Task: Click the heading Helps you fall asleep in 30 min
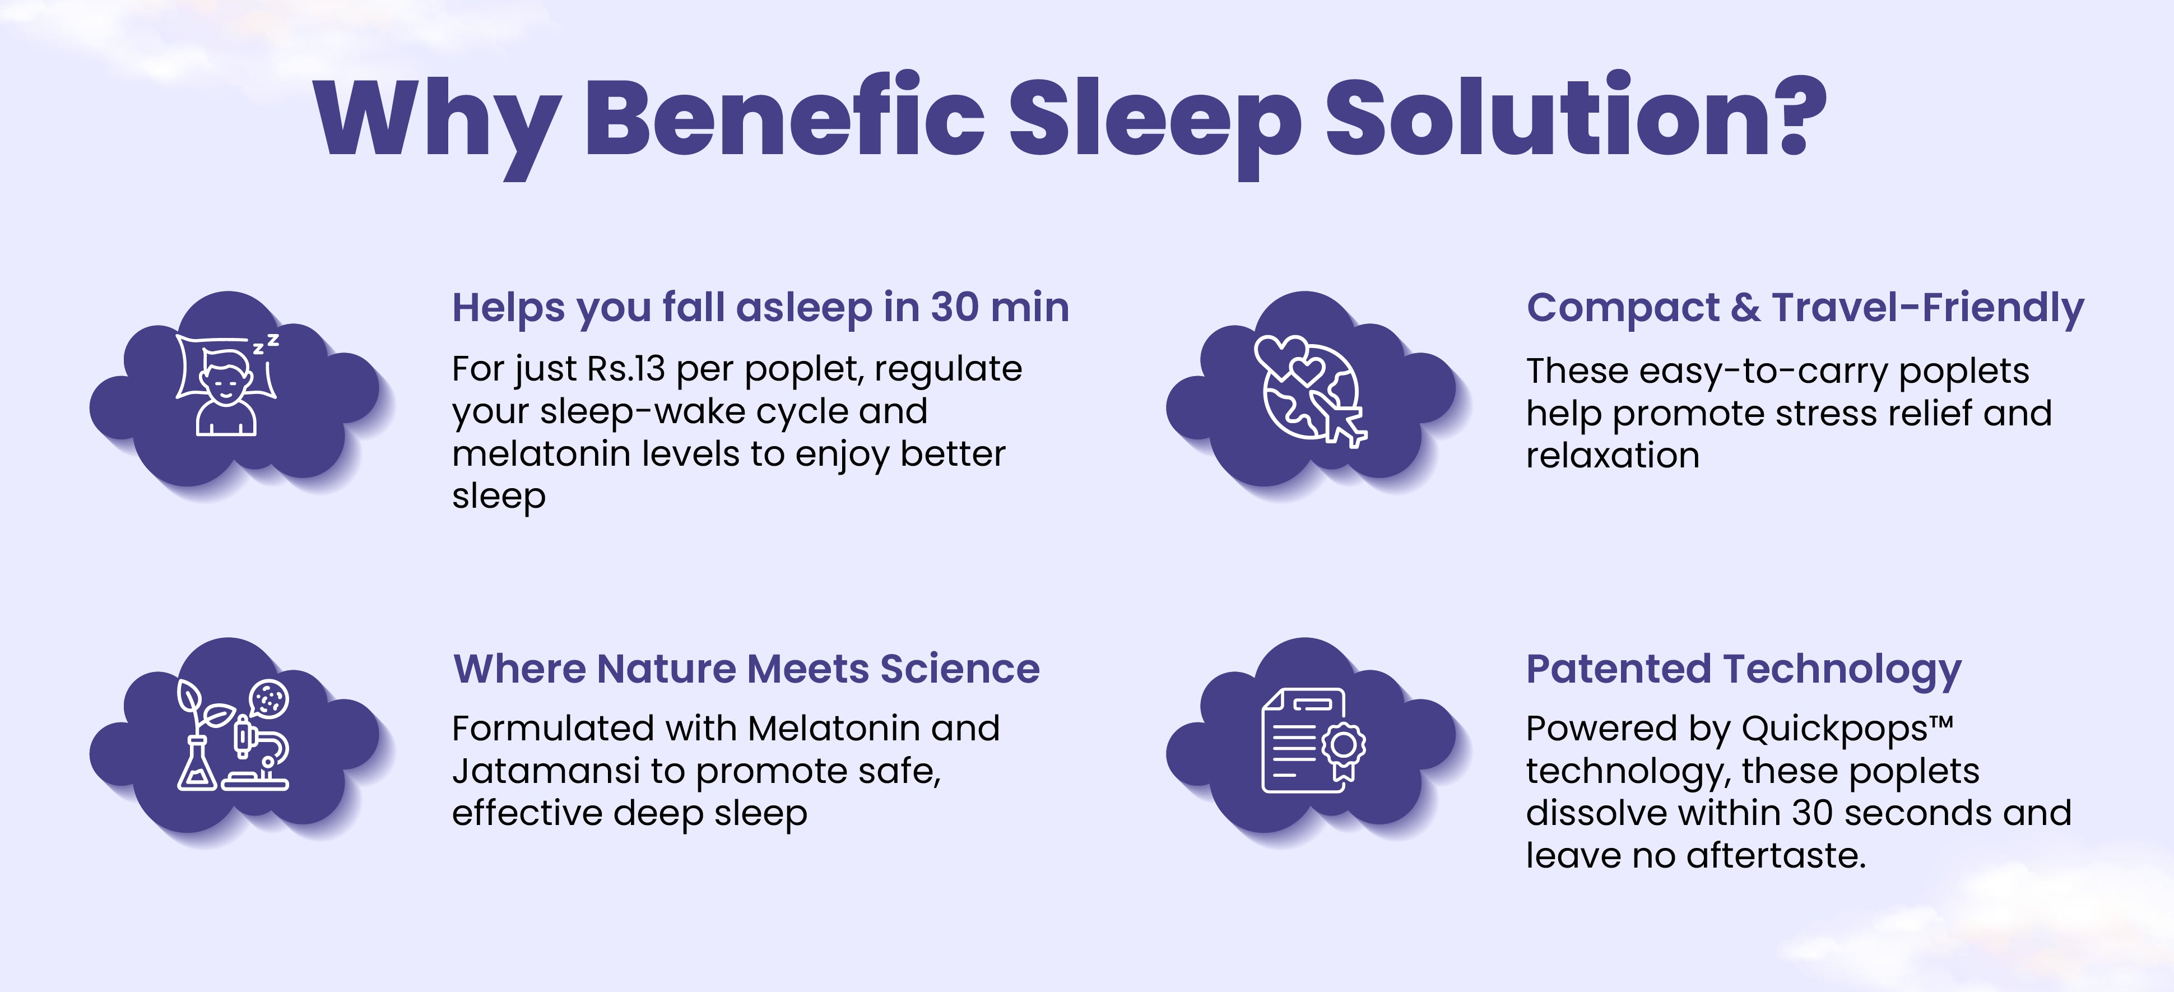pos(760,307)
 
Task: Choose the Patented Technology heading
pos(1744,670)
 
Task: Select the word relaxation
pos(1613,456)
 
